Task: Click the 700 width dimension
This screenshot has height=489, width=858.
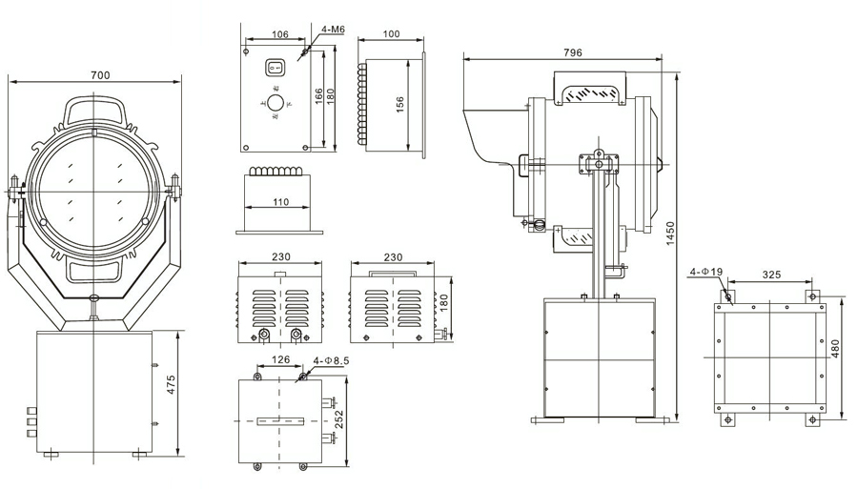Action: pyautogui.click(x=98, y=74)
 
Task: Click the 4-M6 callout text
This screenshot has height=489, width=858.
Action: pyautogui.click(x=333, y=30)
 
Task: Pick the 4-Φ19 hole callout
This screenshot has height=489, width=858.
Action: pyautogui.click(x=705, y=272)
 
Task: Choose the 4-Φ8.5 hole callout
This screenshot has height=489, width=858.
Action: pyautogui.click(x=332, y=360)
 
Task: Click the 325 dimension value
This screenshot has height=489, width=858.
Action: pyautogui.click(x=771, y=275)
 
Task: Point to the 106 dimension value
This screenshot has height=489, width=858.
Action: pyautogui.click(x=279, y=34)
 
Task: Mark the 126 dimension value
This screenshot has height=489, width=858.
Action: pyautogui.click(x=280, y=360)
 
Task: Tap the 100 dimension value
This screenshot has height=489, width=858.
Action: pyautogui.click(x=391, y=34)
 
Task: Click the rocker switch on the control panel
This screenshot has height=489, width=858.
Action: pyautogui.click(x=276, y=68)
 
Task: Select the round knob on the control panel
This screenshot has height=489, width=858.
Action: pyautogui.click(x=275, y=101)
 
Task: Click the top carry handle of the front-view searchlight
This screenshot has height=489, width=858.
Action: pyautogui.click(x=95, y=108)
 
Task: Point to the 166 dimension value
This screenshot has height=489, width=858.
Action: pyautogui.click(x=317, y=97)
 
